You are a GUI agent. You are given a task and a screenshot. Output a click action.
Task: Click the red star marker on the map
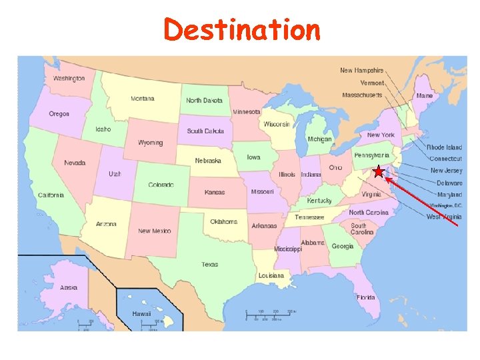pyautogui.click(x=379, y=173)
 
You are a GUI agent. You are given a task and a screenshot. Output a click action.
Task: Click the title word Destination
pyautogui.click(x=242, y=30)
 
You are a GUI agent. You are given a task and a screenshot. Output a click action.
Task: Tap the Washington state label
pyautogui.click(x=69, y=78)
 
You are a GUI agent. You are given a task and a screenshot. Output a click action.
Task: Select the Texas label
pyautogui.click(x=209, y=264)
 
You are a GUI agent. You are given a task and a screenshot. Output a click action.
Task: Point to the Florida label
pyautogui.click(x=365, y=297)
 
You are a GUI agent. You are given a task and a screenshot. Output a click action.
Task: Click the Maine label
pyautogui.click(x=424, y=96)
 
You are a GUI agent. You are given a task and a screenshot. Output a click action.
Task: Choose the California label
pyautogui.click(x=51, y=195)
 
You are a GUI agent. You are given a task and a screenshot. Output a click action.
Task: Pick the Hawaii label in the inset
pyautogui.click(x=141, y=313)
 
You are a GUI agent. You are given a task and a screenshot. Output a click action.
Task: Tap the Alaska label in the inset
pyautogui.click(x=69, y=287)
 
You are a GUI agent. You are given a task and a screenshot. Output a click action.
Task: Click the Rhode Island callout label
pyautogui.click(x=444, y=147)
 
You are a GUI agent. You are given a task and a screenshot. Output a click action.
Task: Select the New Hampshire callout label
pyautogui.click(x=361, y=70)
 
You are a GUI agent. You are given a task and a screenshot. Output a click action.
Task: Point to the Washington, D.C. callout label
pyautogui.click(x=445, y=205)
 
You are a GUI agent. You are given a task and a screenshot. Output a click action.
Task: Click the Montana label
pyautogui.click(x=142, y=99)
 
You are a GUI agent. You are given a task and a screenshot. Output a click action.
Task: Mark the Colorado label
pyautogui.click(x=161, y=185)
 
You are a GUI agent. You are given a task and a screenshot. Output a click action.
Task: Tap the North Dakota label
pyautogui.click(x=204, y=101)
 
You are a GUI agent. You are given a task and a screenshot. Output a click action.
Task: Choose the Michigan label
pyautogui.click(x=319, y=139)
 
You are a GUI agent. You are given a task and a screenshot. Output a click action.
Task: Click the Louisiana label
pyautogui.click(x=271, y=275)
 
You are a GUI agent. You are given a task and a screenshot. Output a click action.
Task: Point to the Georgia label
pyautogui.click(x=342, y=246)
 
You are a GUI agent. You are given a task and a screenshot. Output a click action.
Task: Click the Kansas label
pyautogui.click(x=214, y=192)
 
